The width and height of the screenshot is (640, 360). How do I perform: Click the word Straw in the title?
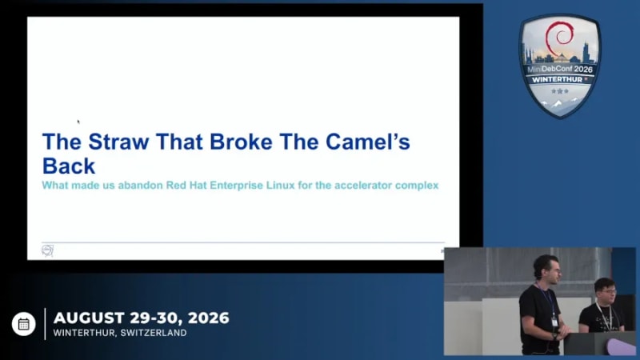[x=118, y=142]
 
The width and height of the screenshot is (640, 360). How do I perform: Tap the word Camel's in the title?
[x=368, y=142]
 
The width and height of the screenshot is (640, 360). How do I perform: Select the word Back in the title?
[x=69, y=166]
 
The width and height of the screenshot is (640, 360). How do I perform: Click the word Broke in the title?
[x=241, y=142]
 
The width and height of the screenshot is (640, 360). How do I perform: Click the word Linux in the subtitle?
[x=281, y=186]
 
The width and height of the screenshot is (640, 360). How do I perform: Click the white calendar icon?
[x=24, y=324]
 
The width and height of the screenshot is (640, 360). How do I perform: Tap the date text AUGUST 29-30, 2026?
[x=142, y=318]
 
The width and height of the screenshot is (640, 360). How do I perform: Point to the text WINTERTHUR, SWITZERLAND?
[x=120, y=333]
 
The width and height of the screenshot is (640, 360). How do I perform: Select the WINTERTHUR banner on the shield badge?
[x=558, y=79]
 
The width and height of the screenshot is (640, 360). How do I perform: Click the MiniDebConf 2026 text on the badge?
[x=559, y=69]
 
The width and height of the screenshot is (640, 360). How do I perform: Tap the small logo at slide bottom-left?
[x=47, y=250]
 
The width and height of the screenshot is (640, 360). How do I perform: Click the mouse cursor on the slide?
[x=78, y=122]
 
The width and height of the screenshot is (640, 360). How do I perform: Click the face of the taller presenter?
[x=548, y=270]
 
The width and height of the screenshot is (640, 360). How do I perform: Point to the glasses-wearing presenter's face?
[x=606, y=292]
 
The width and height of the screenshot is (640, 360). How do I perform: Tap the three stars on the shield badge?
[x=559, y=91]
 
